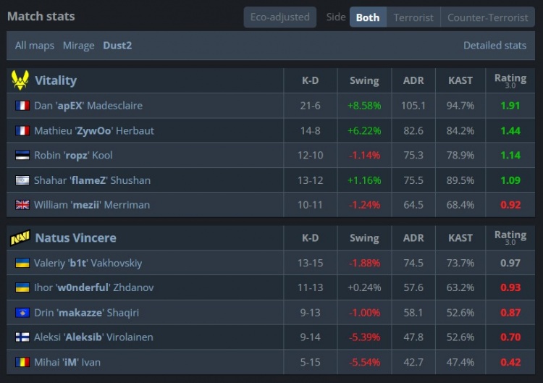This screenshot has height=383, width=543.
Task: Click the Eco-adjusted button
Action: click(x=279, y=17)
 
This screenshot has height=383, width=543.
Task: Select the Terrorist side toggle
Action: click(x=413, y=17)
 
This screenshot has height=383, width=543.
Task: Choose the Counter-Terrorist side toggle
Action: click(x=487, y=17)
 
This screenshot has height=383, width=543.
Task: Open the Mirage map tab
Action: click(x=78, y=46)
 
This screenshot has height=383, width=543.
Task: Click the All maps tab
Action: click(x=35, y=46)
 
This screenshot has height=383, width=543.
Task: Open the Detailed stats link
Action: click(x=494, y=46)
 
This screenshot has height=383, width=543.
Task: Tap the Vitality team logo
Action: click(x=20, y=80)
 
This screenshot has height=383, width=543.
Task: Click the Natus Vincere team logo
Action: click(x=20, y=237)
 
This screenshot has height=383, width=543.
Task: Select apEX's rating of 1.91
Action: click(x=510, y=106)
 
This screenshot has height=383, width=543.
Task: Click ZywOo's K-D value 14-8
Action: click(x=310, y=131)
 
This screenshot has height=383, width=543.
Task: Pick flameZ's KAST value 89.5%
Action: click(x=460, y=180)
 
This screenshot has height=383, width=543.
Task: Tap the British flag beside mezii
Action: click(x=22, y=205)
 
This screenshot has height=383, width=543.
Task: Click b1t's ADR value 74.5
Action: click(x=413, y=263)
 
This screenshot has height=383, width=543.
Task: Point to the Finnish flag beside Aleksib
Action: click(x=22, y=337)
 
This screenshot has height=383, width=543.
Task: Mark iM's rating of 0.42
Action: click(x=510, y=362)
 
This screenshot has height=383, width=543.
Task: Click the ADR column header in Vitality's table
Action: click(x=413, y=80)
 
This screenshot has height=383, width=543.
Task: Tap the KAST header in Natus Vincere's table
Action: click(x=460, y=237)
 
